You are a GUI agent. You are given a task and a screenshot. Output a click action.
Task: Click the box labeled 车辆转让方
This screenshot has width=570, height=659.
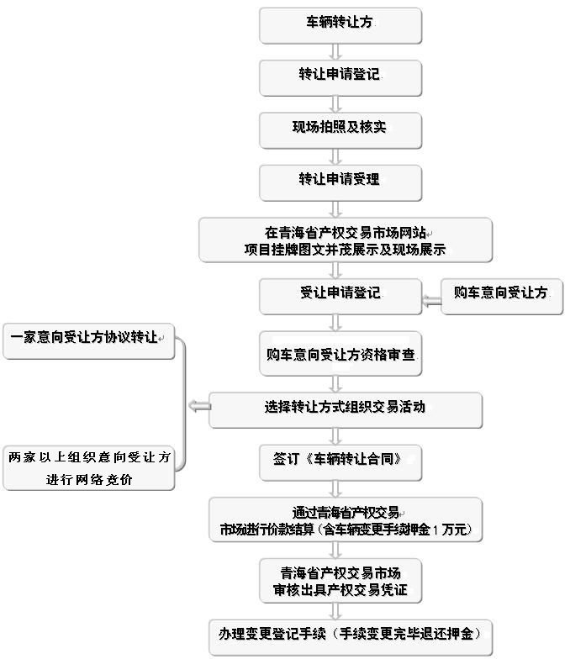pos(339,24)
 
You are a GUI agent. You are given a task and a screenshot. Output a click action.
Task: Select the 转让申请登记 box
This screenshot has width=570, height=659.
pos(339,76)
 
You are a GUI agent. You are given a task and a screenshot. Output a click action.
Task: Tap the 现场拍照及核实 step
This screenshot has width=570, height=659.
pos(339,128)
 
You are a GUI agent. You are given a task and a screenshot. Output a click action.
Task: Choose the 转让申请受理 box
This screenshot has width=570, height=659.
pos(339,180)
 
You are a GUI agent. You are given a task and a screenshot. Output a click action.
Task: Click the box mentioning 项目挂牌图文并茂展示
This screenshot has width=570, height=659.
pos(345,240)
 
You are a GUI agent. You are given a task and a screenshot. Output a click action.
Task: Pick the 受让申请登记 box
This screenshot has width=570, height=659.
pos(339,294)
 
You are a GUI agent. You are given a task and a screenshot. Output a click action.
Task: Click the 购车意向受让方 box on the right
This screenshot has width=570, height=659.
pos(501,294)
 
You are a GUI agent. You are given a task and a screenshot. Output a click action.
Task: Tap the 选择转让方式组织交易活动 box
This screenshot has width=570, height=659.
pos(345,408)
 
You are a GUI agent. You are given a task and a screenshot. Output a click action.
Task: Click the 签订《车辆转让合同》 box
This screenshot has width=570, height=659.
pos(339,461)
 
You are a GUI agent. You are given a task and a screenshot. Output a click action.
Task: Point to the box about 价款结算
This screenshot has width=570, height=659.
pos(345,520)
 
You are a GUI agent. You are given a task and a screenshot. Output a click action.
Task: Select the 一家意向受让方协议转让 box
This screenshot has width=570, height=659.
pos(88,338)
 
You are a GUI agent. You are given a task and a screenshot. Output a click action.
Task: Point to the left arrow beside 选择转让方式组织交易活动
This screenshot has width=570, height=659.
pos(200,407)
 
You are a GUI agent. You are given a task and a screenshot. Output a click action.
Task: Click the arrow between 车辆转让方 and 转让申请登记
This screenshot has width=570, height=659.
pos(337,50)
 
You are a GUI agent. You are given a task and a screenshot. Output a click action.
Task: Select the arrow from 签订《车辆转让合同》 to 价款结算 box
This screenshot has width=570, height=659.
pos(337,488)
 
